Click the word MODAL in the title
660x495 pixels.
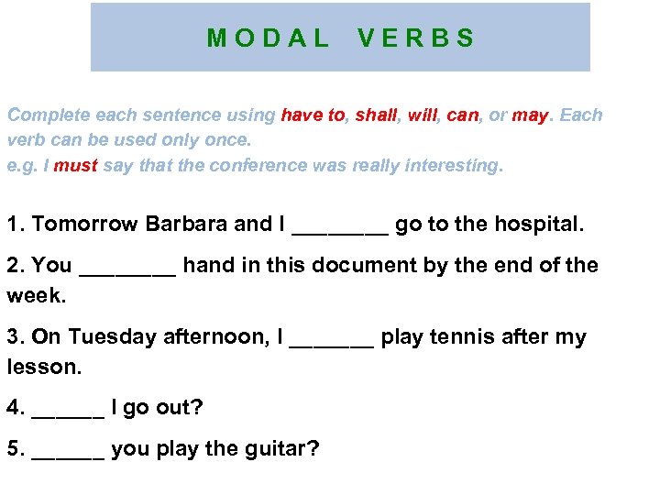point(268,38)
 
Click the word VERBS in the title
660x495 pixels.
point(416,38)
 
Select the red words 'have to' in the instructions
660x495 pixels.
point(313,115)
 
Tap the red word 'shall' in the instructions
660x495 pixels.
point(376,115)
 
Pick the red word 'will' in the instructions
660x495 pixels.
point(422,115)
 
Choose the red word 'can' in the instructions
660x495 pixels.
point(463,115)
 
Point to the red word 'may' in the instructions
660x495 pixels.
point(530,115)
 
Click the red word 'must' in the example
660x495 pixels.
point(76,166)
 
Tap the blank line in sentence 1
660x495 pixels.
point(339,228)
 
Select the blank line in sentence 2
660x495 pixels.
point(127,269)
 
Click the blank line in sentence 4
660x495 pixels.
point(68,412)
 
